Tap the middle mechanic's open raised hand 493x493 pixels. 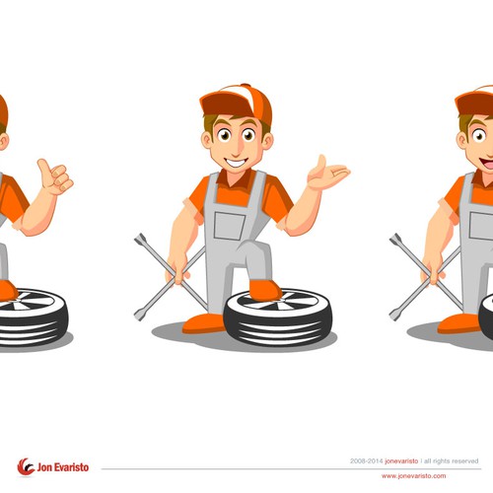point(327,174)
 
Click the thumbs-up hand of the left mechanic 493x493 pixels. point(55,176)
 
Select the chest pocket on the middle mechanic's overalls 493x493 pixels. point(230,226)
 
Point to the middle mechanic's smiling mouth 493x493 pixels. point(237,163)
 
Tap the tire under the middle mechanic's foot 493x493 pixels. point(278,317)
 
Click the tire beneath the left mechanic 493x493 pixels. point(32,317)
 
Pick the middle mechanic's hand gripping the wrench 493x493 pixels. point(177,269)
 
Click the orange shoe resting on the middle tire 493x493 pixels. point(264,290)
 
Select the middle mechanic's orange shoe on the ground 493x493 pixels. point(204,323)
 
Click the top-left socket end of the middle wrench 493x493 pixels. point(140,239)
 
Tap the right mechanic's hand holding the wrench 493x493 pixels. point(433,269)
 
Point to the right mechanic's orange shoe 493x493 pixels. point(458,323)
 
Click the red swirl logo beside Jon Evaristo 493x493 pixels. point(26,466)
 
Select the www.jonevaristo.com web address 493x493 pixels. point(413,476)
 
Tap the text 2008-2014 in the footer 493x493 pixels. point(367,461)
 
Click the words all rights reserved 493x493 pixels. point(451,461)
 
